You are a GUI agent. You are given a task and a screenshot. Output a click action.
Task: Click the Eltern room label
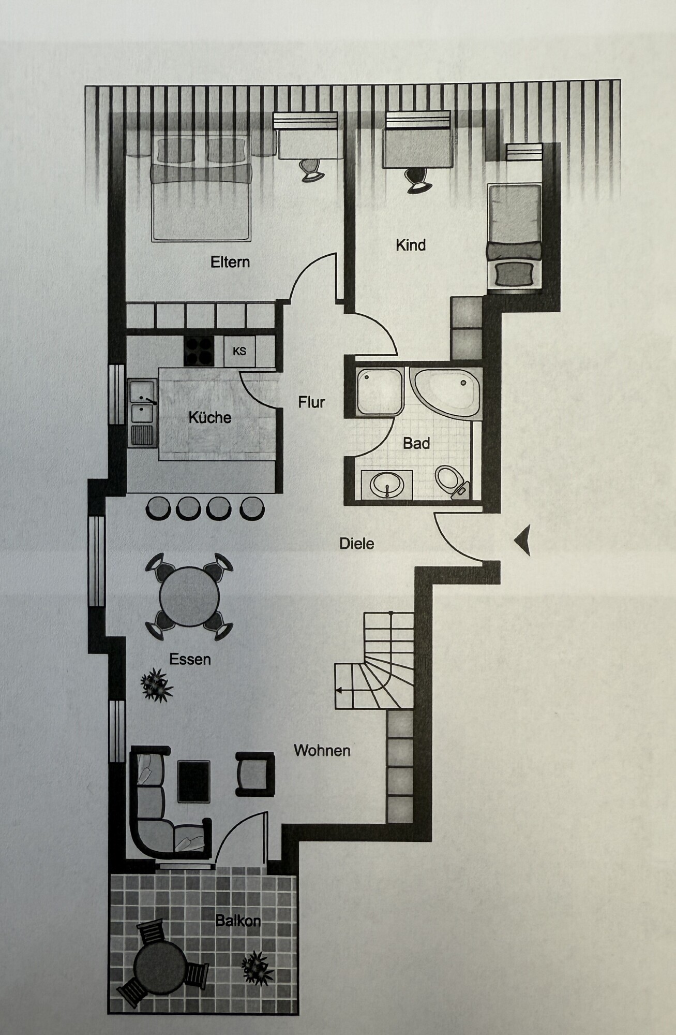coord(230,262)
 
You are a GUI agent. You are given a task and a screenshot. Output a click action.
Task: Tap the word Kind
coord(411,245)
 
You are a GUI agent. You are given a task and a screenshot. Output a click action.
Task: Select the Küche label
coord(209,417)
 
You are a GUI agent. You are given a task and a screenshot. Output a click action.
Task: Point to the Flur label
coord(311,402)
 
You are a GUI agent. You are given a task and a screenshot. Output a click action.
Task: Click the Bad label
coord(416,443)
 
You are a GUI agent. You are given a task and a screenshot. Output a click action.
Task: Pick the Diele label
coord(356,544)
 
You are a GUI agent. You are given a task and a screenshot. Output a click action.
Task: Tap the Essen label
coord(190,659)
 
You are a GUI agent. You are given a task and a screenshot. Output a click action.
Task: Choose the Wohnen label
coord(322,750)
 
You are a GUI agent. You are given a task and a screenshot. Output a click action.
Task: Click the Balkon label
coord(238,921)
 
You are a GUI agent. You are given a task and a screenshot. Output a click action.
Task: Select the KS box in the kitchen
coord(239,352)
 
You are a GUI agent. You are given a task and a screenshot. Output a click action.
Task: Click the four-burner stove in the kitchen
coord(199,352)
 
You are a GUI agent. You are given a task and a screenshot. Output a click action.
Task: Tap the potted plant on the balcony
coord(257,966)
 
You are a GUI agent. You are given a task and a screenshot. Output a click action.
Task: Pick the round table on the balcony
coord(160,966)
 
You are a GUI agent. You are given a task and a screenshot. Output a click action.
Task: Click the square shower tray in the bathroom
coord(379,391)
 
